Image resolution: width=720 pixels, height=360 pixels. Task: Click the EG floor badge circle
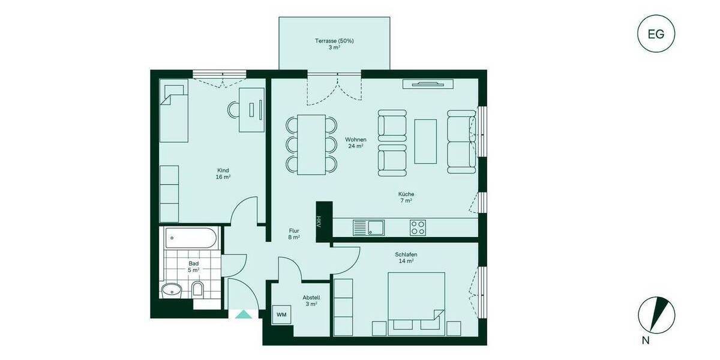click(x=656, y=34)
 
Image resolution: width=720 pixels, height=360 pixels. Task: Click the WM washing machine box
click(x=281, y=314)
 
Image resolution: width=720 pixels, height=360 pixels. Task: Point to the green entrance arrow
click(x=244, y=314)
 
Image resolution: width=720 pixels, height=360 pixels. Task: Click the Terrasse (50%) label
click(x=334, y=44)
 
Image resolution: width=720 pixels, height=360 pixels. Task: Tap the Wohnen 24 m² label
click(x=355, y=143)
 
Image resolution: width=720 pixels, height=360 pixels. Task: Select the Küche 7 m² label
click(x=406, y=197)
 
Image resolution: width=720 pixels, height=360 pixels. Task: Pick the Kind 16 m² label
click(x=223, y=173)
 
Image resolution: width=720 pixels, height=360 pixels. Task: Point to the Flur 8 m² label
click(x=294, y=233)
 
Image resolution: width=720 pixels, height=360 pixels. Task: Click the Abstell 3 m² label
click(x=311, y=301)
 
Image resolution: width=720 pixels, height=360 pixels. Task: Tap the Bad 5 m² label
click(x=194, y=266)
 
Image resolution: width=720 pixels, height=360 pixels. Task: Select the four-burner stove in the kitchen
click(x=418, y=227)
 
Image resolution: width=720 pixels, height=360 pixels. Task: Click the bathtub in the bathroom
click(x=190, y=239)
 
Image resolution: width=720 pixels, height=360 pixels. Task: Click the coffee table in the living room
click(x=425, y=142)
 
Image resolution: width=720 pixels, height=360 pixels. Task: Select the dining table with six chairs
click(x=311, y=144)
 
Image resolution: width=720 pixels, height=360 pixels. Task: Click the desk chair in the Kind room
click(x=233, y=109)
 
